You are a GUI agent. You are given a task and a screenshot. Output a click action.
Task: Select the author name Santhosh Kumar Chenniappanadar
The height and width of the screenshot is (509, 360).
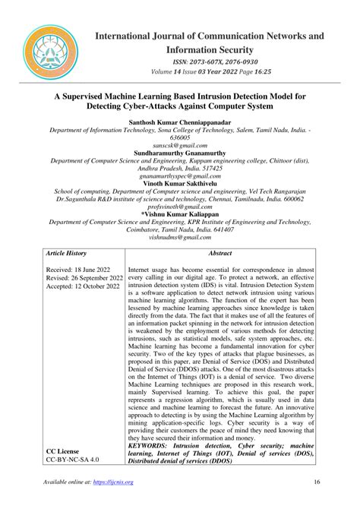[178, 121]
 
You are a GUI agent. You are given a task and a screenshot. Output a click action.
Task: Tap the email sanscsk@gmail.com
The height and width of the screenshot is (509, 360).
[178, 144]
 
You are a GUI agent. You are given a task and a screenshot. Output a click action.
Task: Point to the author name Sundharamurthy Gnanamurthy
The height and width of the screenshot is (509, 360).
[178, 153]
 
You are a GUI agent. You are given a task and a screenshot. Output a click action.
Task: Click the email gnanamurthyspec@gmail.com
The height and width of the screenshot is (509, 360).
[178, 176]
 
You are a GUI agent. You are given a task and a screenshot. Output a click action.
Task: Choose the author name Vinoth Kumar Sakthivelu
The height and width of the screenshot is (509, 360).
[178, 185]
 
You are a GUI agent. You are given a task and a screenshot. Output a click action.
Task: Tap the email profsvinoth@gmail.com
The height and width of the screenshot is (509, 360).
[178, 208]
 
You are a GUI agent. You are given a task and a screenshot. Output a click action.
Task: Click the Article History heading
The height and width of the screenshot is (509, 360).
[67, 253]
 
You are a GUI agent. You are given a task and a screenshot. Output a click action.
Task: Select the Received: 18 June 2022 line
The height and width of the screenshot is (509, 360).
[78, 269]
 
